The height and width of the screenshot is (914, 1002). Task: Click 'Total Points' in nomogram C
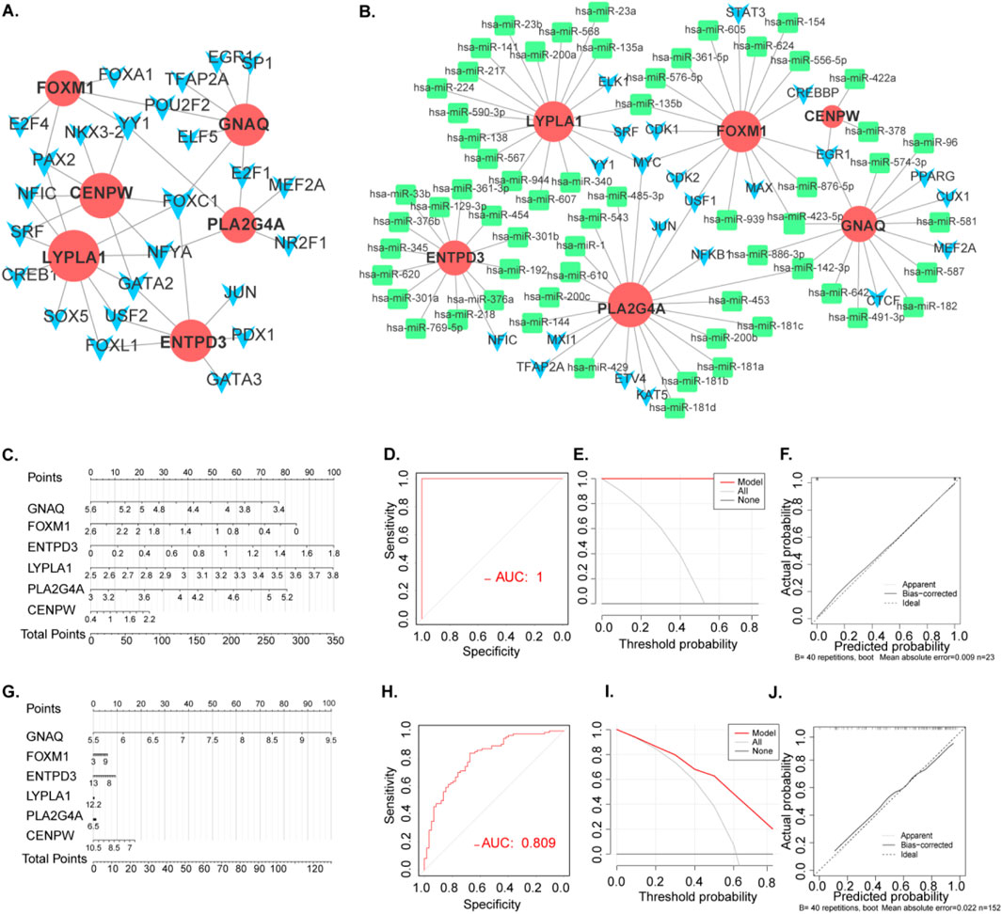click(x=54, y=635)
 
